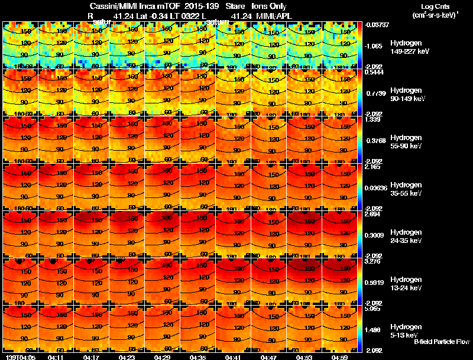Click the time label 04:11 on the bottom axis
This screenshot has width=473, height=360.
tap(56, 357)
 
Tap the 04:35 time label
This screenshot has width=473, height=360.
tap(198, 357)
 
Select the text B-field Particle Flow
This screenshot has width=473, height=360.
tap(441, 342)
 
